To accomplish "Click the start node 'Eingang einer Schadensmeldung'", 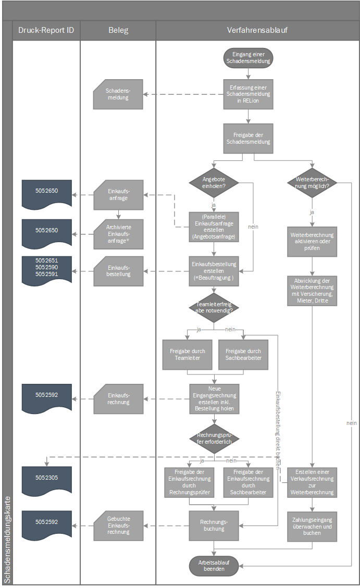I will [x=248, y=57].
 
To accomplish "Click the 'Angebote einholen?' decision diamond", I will [x=214, y=182].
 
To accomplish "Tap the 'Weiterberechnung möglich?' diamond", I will [x=312, y=182].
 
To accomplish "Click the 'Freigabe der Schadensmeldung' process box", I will [x=248, y=139].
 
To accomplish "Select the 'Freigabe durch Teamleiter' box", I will [x=187, y=355].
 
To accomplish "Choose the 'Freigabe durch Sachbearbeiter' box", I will [x=243, y=355].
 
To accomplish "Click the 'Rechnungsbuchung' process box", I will [x=214, y=525].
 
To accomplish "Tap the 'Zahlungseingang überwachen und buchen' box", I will [x=312, y=526].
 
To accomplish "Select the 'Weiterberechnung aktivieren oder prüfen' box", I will [x=312, y=242].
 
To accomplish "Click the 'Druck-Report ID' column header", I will [x=46, y=30].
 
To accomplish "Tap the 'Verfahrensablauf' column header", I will [x=257, y=30].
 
